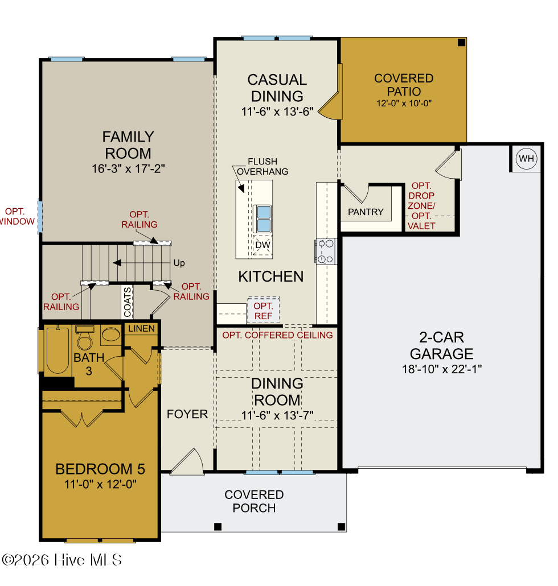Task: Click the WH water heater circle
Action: click(526, 159)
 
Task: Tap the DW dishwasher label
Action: click(262, 245)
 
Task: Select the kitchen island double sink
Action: click(263, 218)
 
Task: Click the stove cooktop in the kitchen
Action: click(325, 251)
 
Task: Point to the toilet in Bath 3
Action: click(84, 337)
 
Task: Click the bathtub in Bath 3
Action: click(58, 350)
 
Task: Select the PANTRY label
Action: click(366, 212)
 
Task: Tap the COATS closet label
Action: click(127, 302)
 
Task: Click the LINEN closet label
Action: click(141, 328)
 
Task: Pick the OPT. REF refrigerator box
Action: click(263, 310)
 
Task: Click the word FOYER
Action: click(187, 414)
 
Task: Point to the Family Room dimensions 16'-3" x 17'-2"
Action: click(128, 168)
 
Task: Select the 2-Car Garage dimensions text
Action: click(442, 369)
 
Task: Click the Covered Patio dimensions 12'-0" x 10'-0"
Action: click(404, 103)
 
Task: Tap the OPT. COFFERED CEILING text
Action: click(277, 335)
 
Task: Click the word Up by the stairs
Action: click(179, 263)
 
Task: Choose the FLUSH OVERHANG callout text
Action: click(262, 166)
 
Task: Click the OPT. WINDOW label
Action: click(17, 216)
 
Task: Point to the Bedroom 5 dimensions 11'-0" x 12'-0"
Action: click(100, 484)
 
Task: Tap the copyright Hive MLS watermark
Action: click(61, 560)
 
